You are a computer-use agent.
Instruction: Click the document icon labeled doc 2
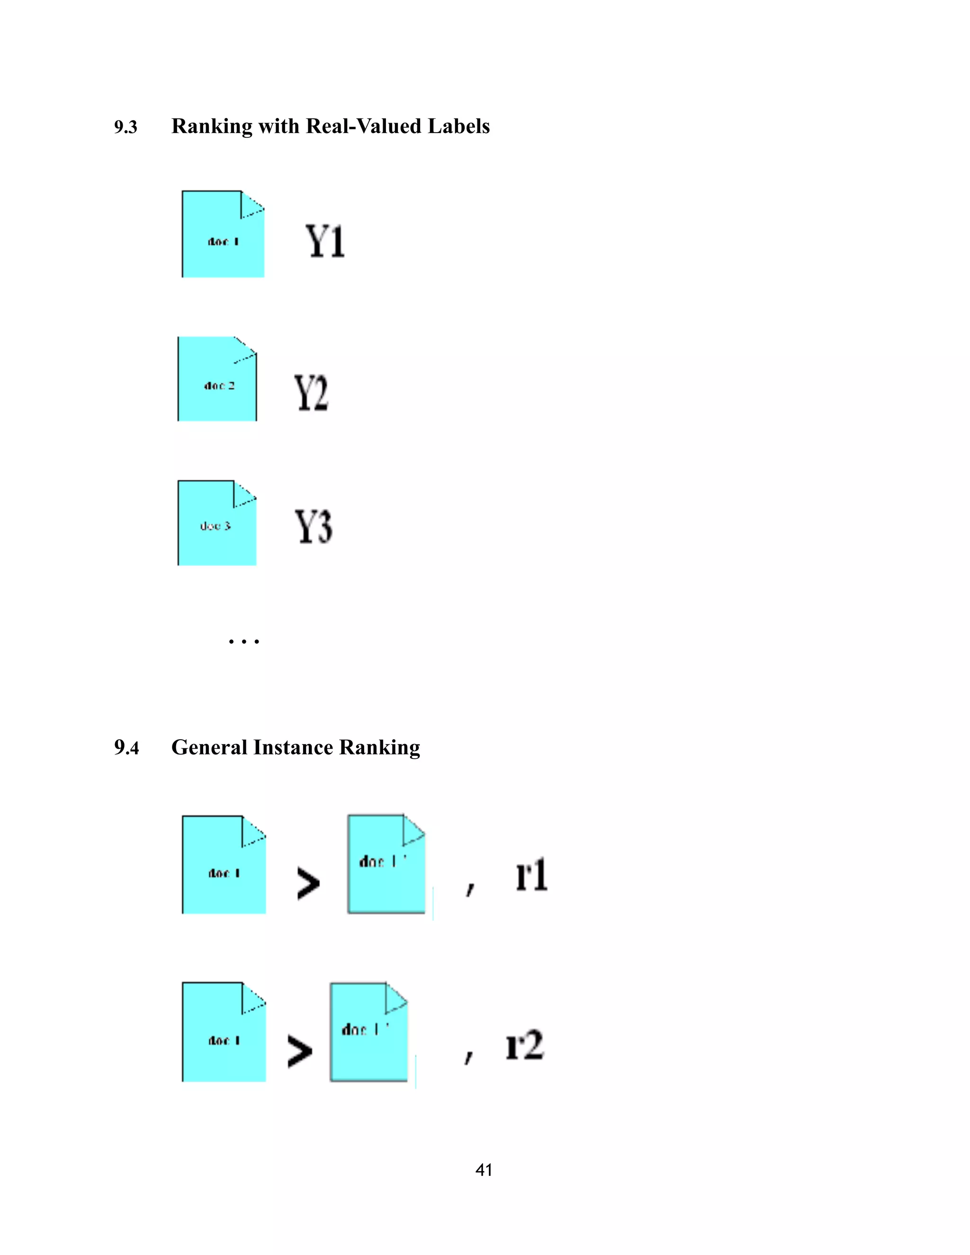(217, 379)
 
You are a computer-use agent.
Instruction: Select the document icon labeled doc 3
(217, 523)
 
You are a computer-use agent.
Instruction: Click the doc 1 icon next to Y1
(223, 234)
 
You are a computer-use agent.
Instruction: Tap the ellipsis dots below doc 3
(243, 641)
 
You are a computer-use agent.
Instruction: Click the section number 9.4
(126, 748)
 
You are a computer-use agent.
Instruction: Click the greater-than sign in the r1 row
(308, 883)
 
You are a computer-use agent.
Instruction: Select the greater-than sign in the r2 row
(300, 1051)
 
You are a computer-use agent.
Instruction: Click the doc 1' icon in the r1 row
(386, 864)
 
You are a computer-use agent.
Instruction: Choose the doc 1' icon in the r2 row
(368, 1032)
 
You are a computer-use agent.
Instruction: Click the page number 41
(484, 1170)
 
